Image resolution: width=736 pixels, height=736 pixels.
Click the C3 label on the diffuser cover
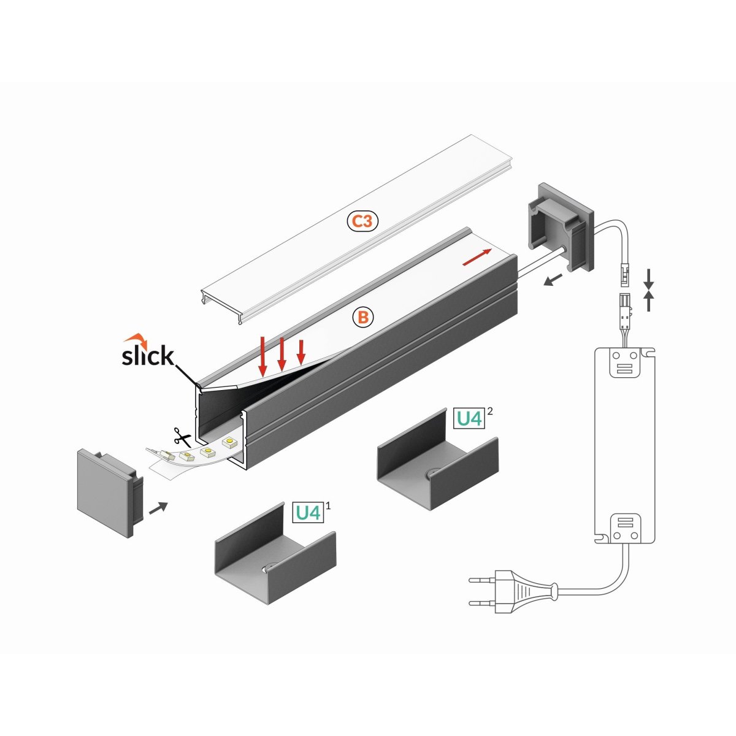pyautogui.click(x=364, y=221)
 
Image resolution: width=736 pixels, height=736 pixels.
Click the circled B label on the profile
pyautogui.click(x=363, y=316)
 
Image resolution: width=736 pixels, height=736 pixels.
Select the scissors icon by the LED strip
pyautogui.click(x=182, y=437)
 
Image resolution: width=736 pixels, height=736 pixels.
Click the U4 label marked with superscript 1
pyautogui.click(x=308, y=512)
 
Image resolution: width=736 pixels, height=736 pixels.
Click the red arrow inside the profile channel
pyautogui.click(x=477, y=258)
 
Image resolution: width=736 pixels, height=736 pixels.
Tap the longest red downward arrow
pyautogui.click(x=263, y=356)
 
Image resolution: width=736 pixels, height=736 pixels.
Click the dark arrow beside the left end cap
pyautogui.click(x=158, y=507)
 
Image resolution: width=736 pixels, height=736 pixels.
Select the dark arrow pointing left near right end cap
pyautogui.click(x=553, y=280)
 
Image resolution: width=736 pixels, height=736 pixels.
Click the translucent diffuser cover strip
pyautogui.click(x=343, y=233)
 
